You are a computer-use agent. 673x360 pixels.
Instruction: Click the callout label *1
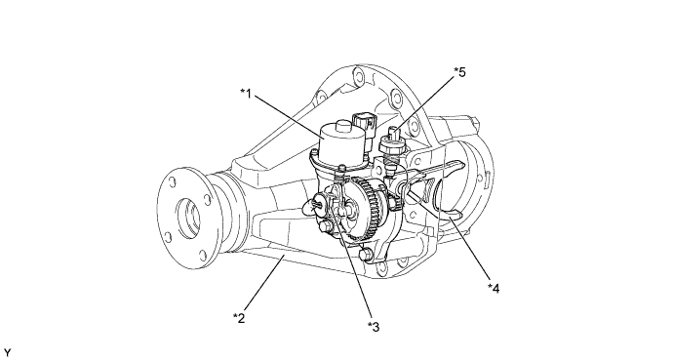coord(246,93)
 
